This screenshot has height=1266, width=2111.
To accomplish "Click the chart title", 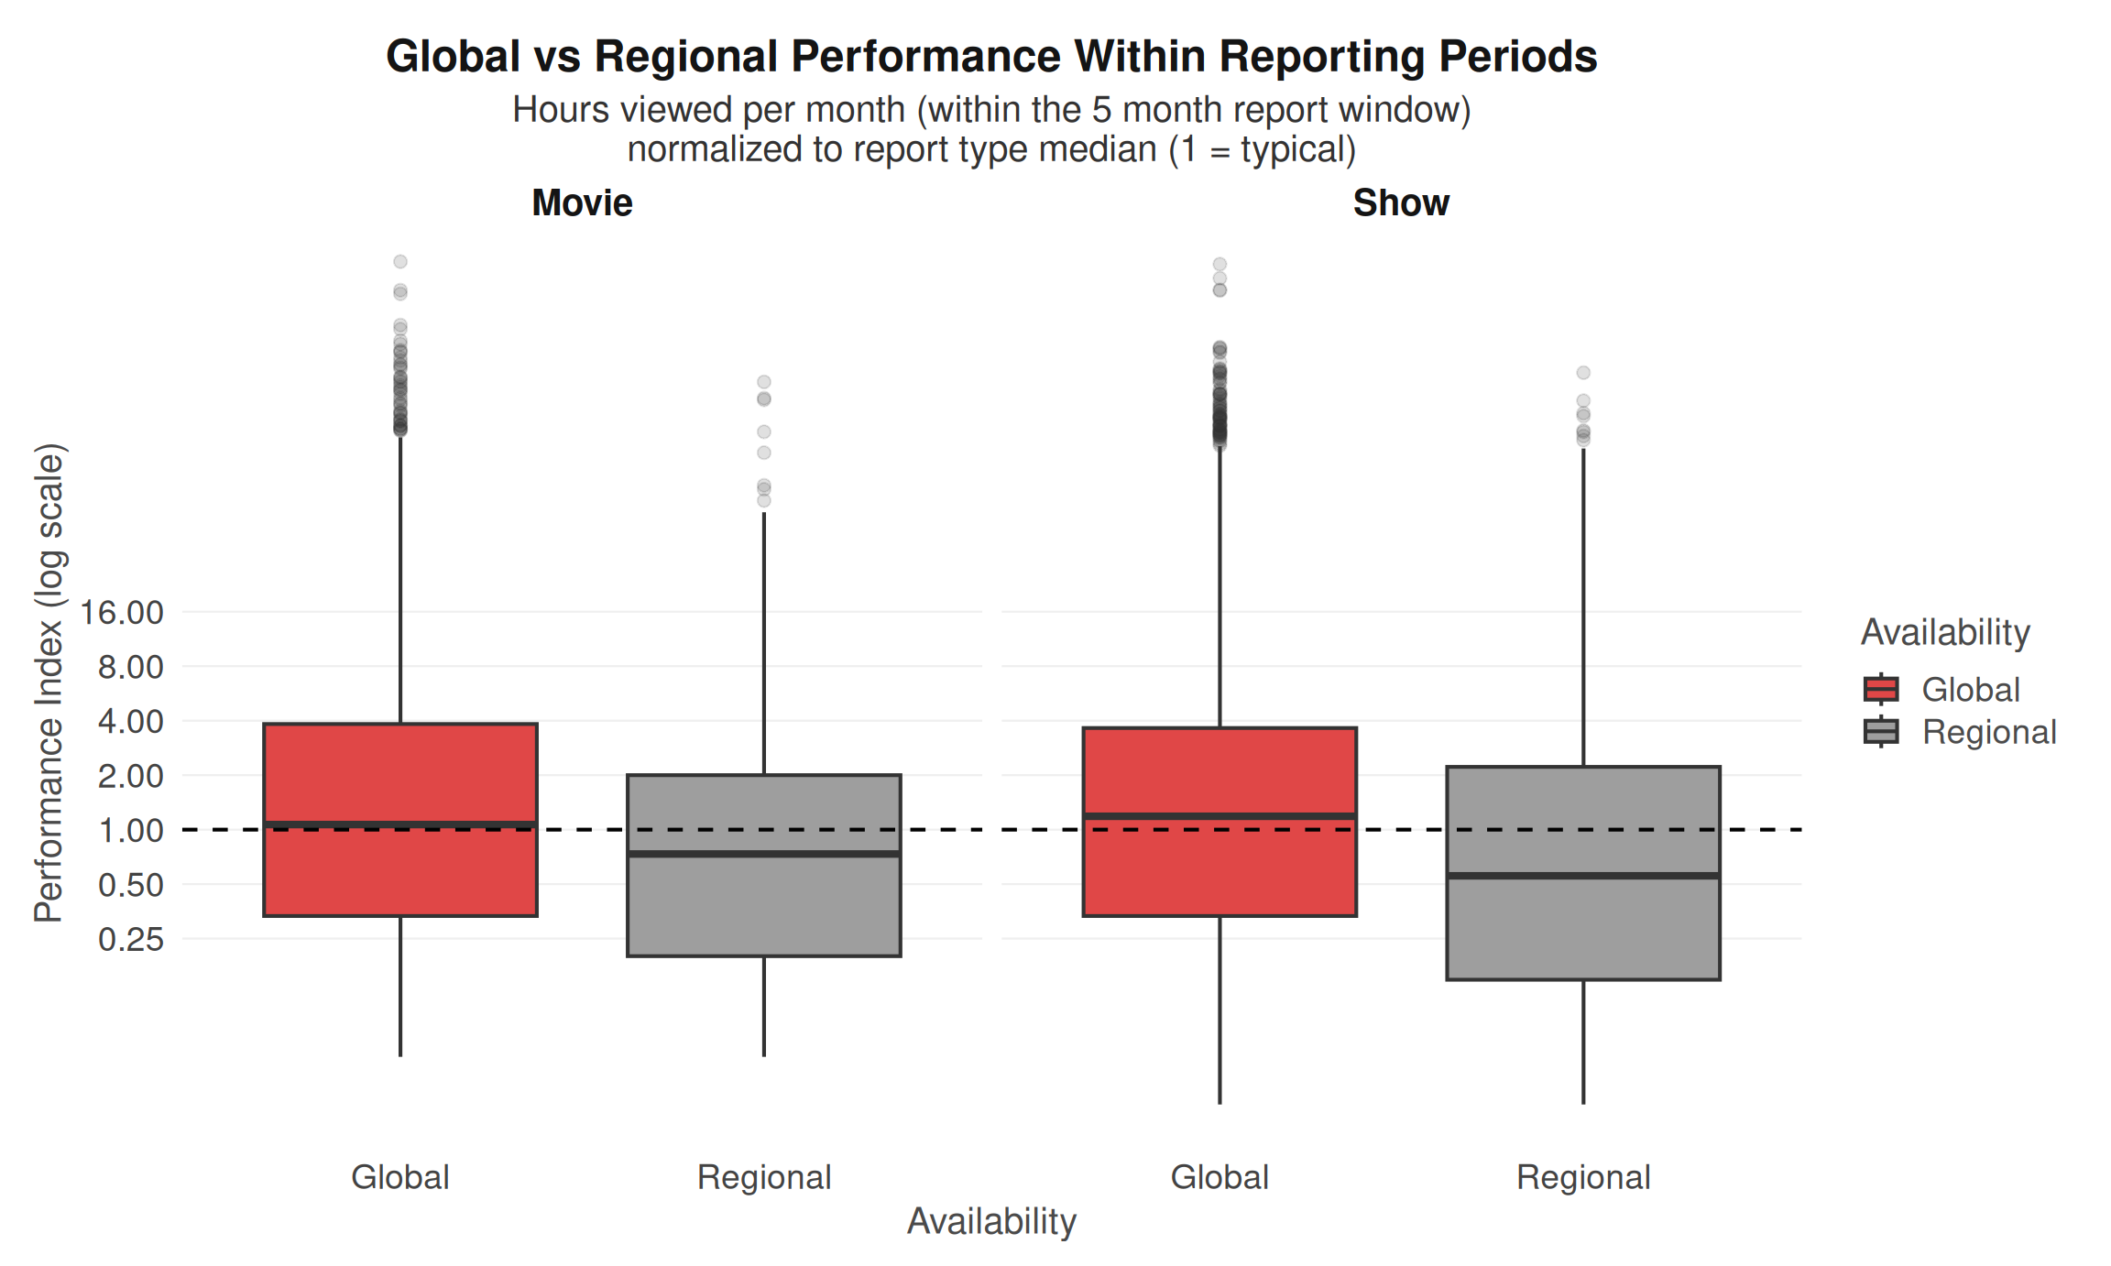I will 991,57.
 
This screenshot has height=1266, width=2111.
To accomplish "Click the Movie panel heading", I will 582,202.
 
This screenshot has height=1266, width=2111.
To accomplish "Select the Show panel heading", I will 1401,202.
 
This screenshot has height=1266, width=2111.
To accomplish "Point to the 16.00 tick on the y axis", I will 122,612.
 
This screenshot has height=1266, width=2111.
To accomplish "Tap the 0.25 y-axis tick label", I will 130,939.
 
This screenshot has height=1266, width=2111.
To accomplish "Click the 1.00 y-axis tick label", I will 130,831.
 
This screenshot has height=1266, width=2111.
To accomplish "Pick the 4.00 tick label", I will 130,722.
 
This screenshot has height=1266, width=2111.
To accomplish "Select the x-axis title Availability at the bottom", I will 991,1221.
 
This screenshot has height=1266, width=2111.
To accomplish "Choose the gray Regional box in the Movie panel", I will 764,907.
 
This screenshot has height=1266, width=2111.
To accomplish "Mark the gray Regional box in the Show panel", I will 1583,925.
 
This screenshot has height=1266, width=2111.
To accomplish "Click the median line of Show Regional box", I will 1583,876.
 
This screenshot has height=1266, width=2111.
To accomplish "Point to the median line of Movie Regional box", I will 764,854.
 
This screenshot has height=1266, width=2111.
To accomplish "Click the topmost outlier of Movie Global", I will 400,262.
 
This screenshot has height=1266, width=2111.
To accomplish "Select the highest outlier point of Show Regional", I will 1583,373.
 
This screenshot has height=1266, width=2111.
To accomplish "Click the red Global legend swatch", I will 1881,689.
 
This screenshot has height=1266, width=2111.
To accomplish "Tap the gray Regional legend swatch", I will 1881,732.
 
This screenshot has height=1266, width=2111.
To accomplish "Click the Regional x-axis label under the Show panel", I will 1583,1177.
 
